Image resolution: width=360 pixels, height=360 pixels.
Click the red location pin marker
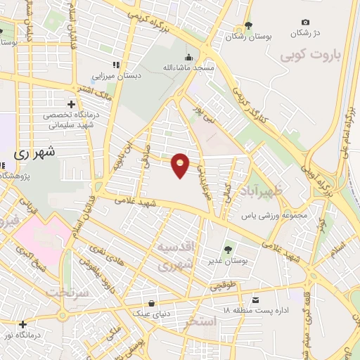[x=181, y=165]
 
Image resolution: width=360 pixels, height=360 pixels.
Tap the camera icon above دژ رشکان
[x=304, y=22]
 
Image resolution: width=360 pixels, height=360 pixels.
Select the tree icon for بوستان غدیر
[x=227, y=249]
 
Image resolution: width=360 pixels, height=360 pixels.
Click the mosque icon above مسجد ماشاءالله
[x=187, y=58]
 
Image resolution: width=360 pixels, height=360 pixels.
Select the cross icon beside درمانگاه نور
[x=23, y=324]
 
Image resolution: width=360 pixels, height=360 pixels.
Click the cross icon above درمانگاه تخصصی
[x=69, y=103]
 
